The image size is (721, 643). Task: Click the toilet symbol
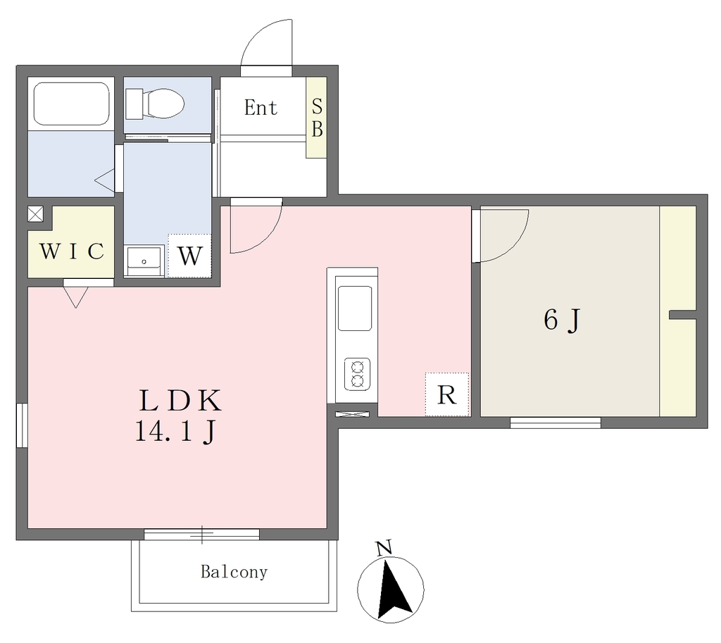click(154, 104)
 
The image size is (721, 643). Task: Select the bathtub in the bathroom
click(71, 104)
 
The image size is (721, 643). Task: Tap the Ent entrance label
click(261, 108)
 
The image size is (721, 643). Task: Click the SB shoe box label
click(317, 118)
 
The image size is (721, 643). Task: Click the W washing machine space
click(189, 256)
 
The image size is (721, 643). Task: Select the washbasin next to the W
click(144, 261)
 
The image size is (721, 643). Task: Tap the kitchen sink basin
click(355, 308)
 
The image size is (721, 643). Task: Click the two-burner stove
click(357, 374)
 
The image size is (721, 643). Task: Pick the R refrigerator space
click(447, 394)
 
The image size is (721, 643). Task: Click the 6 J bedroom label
click(562, 320)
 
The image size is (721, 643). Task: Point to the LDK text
click(180, 401)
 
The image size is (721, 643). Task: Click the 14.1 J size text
click(175, 432)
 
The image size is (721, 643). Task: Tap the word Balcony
click(234, 572)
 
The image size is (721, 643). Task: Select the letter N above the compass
click(384, 548)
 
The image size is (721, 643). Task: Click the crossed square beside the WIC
click(35, 214)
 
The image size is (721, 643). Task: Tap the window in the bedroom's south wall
click(555, 423)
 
